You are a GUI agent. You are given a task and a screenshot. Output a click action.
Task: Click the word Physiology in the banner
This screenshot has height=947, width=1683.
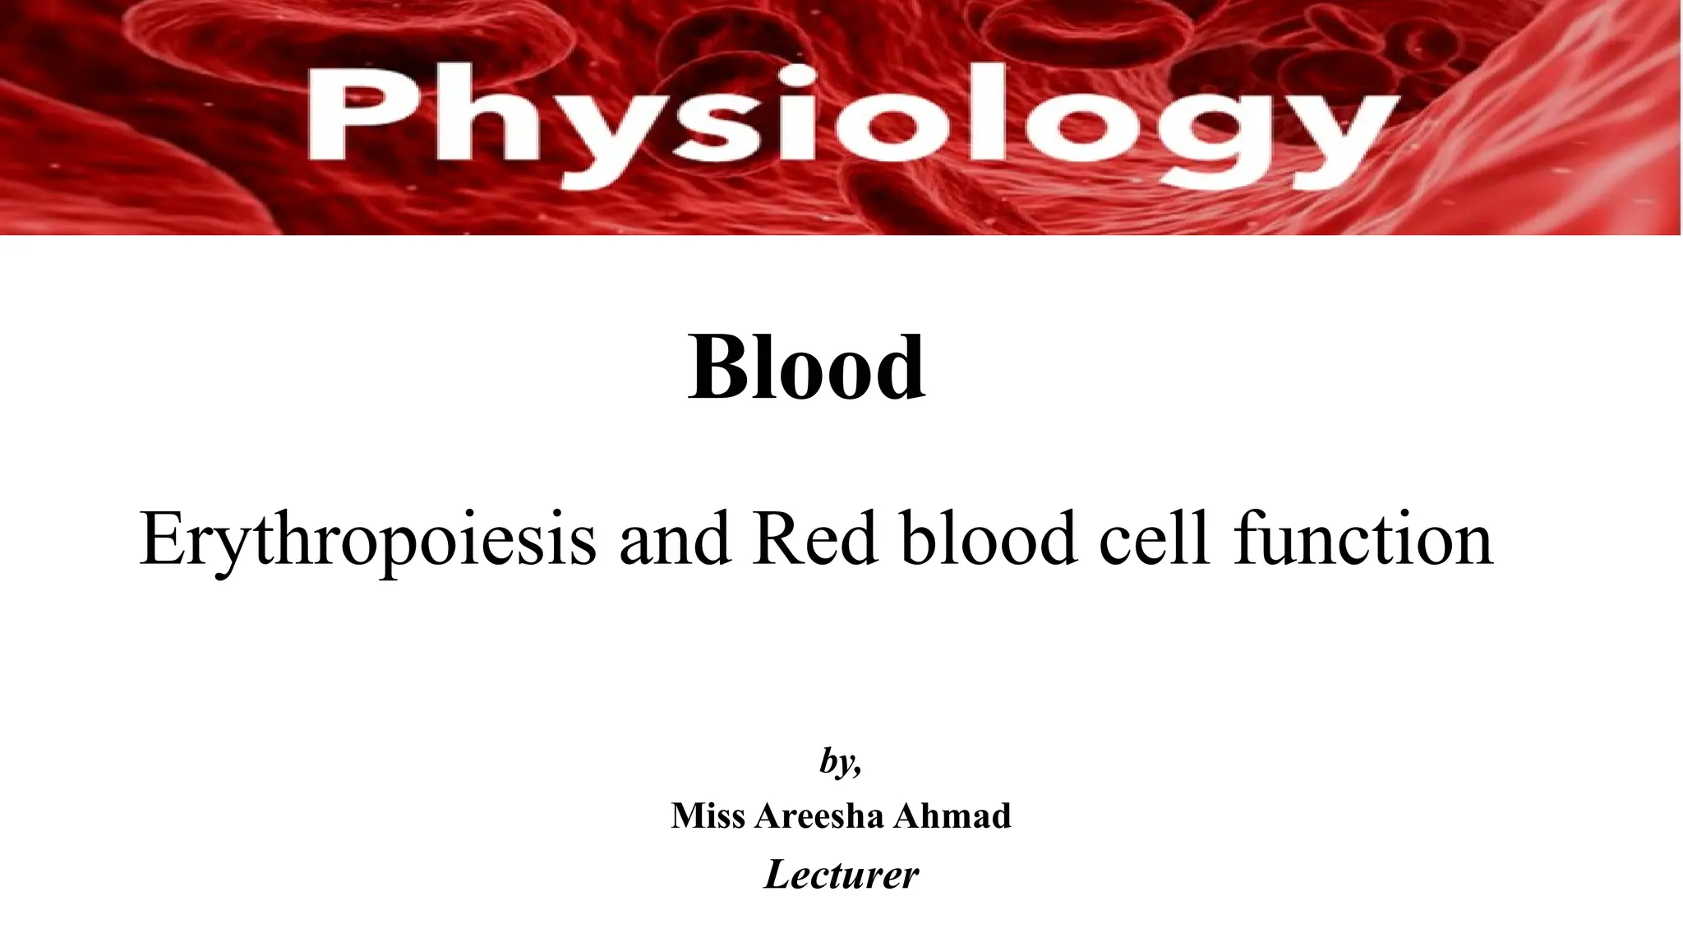(855, 123)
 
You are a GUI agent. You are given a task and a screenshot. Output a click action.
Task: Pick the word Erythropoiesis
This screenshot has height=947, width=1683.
(367, 539)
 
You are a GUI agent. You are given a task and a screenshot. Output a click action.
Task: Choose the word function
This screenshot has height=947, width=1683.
(1363, 539)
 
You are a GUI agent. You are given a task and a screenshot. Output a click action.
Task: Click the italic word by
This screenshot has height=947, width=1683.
(837, 761)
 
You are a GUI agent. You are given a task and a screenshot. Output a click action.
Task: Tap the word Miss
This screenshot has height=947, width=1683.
(708, 815)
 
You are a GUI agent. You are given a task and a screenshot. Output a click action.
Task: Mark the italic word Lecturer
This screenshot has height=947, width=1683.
(841, 874)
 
